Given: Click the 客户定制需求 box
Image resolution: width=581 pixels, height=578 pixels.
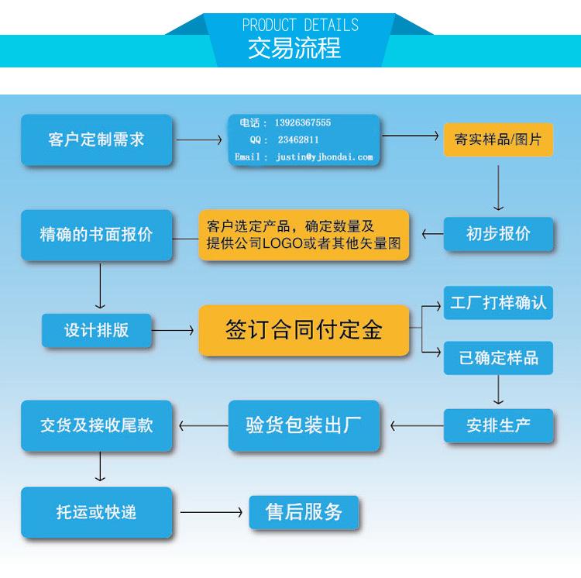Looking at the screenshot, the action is (x=96, y=139).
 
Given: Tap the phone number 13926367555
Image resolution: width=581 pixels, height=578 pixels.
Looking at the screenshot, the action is (x=302, y=122).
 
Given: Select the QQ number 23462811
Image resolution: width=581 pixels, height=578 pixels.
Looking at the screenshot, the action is (x=298, y=139).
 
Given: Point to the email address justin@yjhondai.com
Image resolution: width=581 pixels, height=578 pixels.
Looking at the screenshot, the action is (x=325, y=157).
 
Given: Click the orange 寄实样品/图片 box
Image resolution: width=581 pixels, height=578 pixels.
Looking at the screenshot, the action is (x=498, y=139).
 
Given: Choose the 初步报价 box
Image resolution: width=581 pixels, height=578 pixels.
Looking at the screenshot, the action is (x=498, y=234).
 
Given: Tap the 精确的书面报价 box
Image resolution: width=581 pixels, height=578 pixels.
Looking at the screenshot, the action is (x=96, y=235).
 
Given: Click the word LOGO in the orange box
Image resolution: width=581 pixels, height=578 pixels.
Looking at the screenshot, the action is (x=283, y=243).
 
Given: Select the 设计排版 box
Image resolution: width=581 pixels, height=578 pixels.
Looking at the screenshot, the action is (x=96, y=330).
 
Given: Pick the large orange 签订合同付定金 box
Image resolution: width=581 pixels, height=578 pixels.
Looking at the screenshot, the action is (x=304, y=330).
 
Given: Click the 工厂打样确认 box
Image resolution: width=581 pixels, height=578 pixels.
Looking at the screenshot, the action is (x=498, y=303).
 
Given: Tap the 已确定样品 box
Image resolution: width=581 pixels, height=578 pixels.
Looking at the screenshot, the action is (x=498, y=358).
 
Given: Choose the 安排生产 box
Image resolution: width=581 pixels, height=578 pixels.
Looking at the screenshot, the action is (x=498, y=425).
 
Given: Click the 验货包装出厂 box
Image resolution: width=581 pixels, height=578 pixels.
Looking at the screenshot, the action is (x=304, y=425).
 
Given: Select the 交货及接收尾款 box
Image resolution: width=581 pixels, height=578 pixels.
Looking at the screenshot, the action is (x=96, y=425).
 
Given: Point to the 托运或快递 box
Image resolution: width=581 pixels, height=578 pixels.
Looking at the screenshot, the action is (x=96, y=512).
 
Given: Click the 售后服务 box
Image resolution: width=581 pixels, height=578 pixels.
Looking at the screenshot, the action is (x=304, y=512).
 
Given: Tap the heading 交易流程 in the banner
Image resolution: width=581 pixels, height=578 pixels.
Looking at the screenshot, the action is (x=294, y=48).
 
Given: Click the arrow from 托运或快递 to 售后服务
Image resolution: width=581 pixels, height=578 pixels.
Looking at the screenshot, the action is (x=211, y=512).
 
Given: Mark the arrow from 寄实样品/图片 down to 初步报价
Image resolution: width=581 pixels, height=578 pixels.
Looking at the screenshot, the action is (x=498, y=188).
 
